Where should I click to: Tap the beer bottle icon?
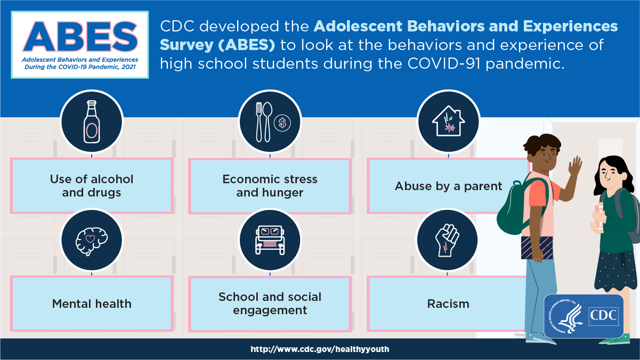coord(92,122)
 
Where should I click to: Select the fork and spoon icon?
coord(264,122)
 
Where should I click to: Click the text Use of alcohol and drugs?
coord(92,186)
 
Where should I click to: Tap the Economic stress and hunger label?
coord(270,186)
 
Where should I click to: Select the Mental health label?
coord(92,304)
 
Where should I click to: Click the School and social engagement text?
coord(270,304)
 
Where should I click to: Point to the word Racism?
coord(448,304)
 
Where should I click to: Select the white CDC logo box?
coord(604,316)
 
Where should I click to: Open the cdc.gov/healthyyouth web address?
coord(320,349)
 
